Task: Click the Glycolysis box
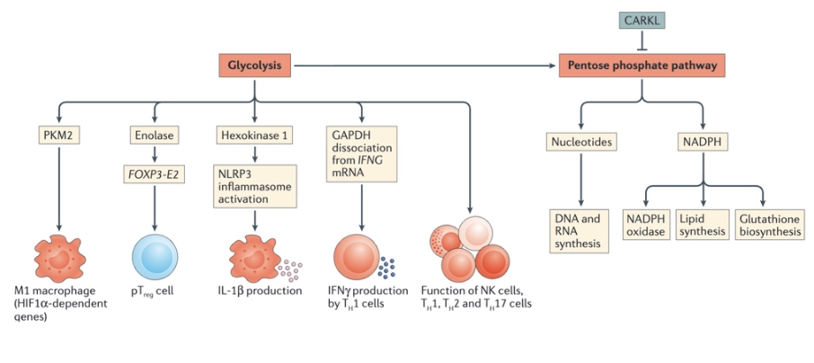tap(254, 66)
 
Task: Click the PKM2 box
tap(59, 136)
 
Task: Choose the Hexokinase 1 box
tap(255, 136)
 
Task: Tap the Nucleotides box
tap(581, 142)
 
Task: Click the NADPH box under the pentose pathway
tap(703, 142)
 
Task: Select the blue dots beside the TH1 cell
tap(387, 268)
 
